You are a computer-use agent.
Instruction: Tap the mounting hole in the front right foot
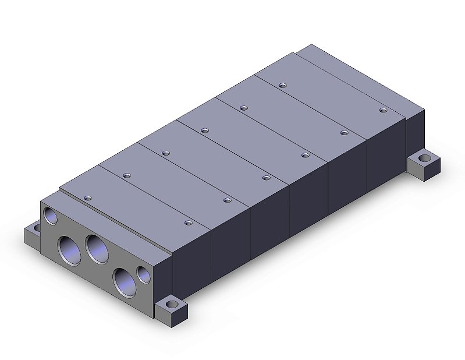[x=172, y=305]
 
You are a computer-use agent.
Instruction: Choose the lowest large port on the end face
[x=123, y=280]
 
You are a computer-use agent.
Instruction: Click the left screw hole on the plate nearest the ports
[x=88, y=199]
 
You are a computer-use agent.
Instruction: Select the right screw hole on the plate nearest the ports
[x=188, y=222]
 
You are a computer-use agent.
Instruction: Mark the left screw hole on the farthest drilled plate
[x=283, y=86]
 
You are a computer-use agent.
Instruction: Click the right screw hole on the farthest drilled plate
[x=383, y=110]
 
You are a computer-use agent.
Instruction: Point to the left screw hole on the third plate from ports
[x=165, y=153]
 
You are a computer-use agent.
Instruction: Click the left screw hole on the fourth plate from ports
[x=204, y=130]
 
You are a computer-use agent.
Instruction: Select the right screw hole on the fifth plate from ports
[x=344, y=132]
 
